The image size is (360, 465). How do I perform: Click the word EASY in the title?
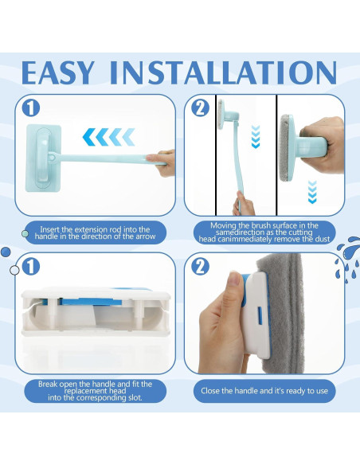[58, 73]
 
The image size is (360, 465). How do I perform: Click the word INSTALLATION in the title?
[223, 73]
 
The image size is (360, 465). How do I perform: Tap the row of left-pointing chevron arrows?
[109, 137]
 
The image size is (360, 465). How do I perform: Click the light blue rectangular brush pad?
[44, 158]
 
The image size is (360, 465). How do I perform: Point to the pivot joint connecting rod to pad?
[53, 157]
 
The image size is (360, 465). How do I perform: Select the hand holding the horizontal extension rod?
[162, 162]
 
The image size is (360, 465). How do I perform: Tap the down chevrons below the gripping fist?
[312, 192]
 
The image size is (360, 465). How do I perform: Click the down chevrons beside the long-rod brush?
[256, 137]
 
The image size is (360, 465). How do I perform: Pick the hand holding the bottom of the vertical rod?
[244, 204]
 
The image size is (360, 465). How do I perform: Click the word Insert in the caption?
[49, 229]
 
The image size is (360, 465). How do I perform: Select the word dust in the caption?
[323, 240]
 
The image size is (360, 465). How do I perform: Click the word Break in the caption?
[48, 385]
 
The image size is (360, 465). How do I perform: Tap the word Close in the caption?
[210, 391]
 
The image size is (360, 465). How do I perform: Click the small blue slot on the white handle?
[260, 315]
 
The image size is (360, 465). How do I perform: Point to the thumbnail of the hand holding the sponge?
[235, 279]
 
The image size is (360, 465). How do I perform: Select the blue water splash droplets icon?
[348, 259]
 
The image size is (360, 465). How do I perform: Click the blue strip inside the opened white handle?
[90, 302]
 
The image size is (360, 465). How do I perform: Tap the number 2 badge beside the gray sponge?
[200, 266]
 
